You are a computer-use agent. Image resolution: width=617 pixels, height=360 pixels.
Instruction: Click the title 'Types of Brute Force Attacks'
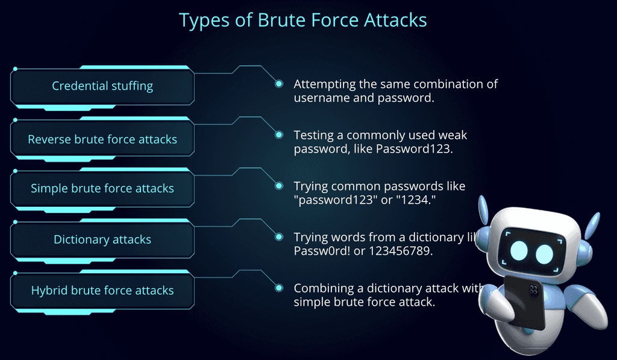(302, 20)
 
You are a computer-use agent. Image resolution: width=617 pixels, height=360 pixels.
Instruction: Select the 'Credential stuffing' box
(102, 86)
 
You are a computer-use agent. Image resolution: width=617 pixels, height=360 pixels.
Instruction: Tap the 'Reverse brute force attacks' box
(102, 139)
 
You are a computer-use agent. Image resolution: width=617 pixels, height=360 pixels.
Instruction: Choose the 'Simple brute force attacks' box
(102, 189)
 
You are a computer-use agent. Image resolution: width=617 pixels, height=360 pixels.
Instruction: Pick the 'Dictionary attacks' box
(102, 239)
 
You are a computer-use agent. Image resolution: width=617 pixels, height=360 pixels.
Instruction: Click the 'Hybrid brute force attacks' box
(102, 291)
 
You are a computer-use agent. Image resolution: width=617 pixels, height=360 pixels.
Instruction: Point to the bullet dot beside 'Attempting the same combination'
(279, 84)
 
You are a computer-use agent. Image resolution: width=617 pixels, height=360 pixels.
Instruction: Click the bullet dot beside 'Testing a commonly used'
(279, 135)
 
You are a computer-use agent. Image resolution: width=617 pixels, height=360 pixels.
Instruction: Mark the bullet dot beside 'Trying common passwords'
(279, 186)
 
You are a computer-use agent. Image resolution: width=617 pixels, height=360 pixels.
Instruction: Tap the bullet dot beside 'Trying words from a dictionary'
(279, 237)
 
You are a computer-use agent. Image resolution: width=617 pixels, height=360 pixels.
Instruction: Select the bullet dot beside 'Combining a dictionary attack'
(279, 288)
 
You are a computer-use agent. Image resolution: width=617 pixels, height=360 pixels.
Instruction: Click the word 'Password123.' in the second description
(414, 148)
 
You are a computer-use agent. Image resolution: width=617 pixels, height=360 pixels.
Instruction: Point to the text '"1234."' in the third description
(416, 200)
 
